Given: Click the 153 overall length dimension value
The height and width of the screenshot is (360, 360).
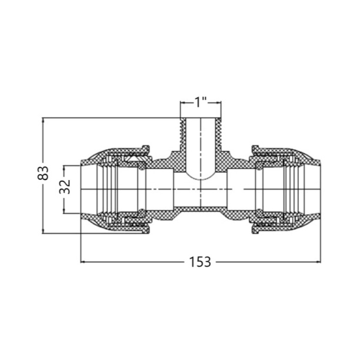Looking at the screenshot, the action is tap(200, 262).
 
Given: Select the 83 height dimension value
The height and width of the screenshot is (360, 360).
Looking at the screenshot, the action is tap(43, 173).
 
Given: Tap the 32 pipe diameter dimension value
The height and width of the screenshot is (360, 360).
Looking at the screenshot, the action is tap(65, 186).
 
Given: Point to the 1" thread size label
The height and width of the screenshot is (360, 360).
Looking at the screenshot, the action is tap(201, 102).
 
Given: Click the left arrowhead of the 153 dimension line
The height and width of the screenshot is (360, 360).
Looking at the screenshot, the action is tap(83, 262).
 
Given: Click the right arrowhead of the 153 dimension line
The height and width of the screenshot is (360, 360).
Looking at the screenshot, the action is tap(318, 262).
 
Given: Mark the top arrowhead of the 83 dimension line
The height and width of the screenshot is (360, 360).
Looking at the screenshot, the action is tap(43, 121).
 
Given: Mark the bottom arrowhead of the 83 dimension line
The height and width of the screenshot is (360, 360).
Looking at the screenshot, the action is tap(43, 231).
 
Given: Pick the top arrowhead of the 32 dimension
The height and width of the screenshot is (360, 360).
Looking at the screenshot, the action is tap(65, 168).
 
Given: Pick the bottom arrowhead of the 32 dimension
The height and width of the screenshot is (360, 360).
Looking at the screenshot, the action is tap(65, 211).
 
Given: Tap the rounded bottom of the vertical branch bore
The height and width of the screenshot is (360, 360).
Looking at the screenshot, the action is tap(201, 177).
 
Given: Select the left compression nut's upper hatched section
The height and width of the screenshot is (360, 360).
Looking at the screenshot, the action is tap(119, 153).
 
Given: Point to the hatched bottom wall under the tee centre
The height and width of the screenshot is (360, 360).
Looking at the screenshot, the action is tap(201, 209).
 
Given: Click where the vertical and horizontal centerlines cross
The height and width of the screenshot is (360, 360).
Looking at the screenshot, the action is tap(201, 189).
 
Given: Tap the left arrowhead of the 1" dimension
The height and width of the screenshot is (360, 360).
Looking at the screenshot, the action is tap(183, 103).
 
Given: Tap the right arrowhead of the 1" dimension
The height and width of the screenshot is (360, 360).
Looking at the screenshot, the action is tap(219, 103).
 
